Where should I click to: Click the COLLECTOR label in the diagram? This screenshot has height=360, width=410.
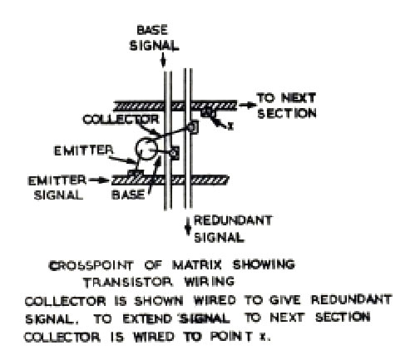tap(121, 120)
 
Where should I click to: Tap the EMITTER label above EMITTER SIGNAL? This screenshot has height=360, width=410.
tap(83, 150)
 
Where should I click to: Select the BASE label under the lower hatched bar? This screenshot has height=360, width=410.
tap(128, 195)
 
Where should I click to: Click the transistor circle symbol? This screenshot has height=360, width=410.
tap(146, 149)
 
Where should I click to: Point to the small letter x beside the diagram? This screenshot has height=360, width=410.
tap(230, 126)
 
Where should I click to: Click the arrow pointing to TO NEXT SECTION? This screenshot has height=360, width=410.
tap(248, 105)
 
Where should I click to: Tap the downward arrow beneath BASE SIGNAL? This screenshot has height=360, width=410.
tap(163, 60)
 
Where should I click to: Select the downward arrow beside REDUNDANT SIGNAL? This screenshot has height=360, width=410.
tap(188, 226)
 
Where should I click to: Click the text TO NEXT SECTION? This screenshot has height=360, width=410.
tap(287, 106)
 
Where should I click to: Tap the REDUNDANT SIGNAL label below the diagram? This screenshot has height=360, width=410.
tap(233, 229)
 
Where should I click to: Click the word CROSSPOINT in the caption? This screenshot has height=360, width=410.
tap(91, 265)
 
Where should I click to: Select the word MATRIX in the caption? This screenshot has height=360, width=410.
tap(197, 264)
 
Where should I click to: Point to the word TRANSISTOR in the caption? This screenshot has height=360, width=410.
tap(127, 283)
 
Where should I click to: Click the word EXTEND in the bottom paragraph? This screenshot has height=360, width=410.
tap(147, 319)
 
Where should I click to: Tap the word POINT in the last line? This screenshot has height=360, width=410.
tap(231, 336)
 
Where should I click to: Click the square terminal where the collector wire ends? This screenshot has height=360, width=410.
tap(193, 127)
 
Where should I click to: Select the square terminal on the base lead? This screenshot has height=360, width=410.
tap(175, 153)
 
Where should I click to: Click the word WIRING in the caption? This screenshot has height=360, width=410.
tap(210, 282)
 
